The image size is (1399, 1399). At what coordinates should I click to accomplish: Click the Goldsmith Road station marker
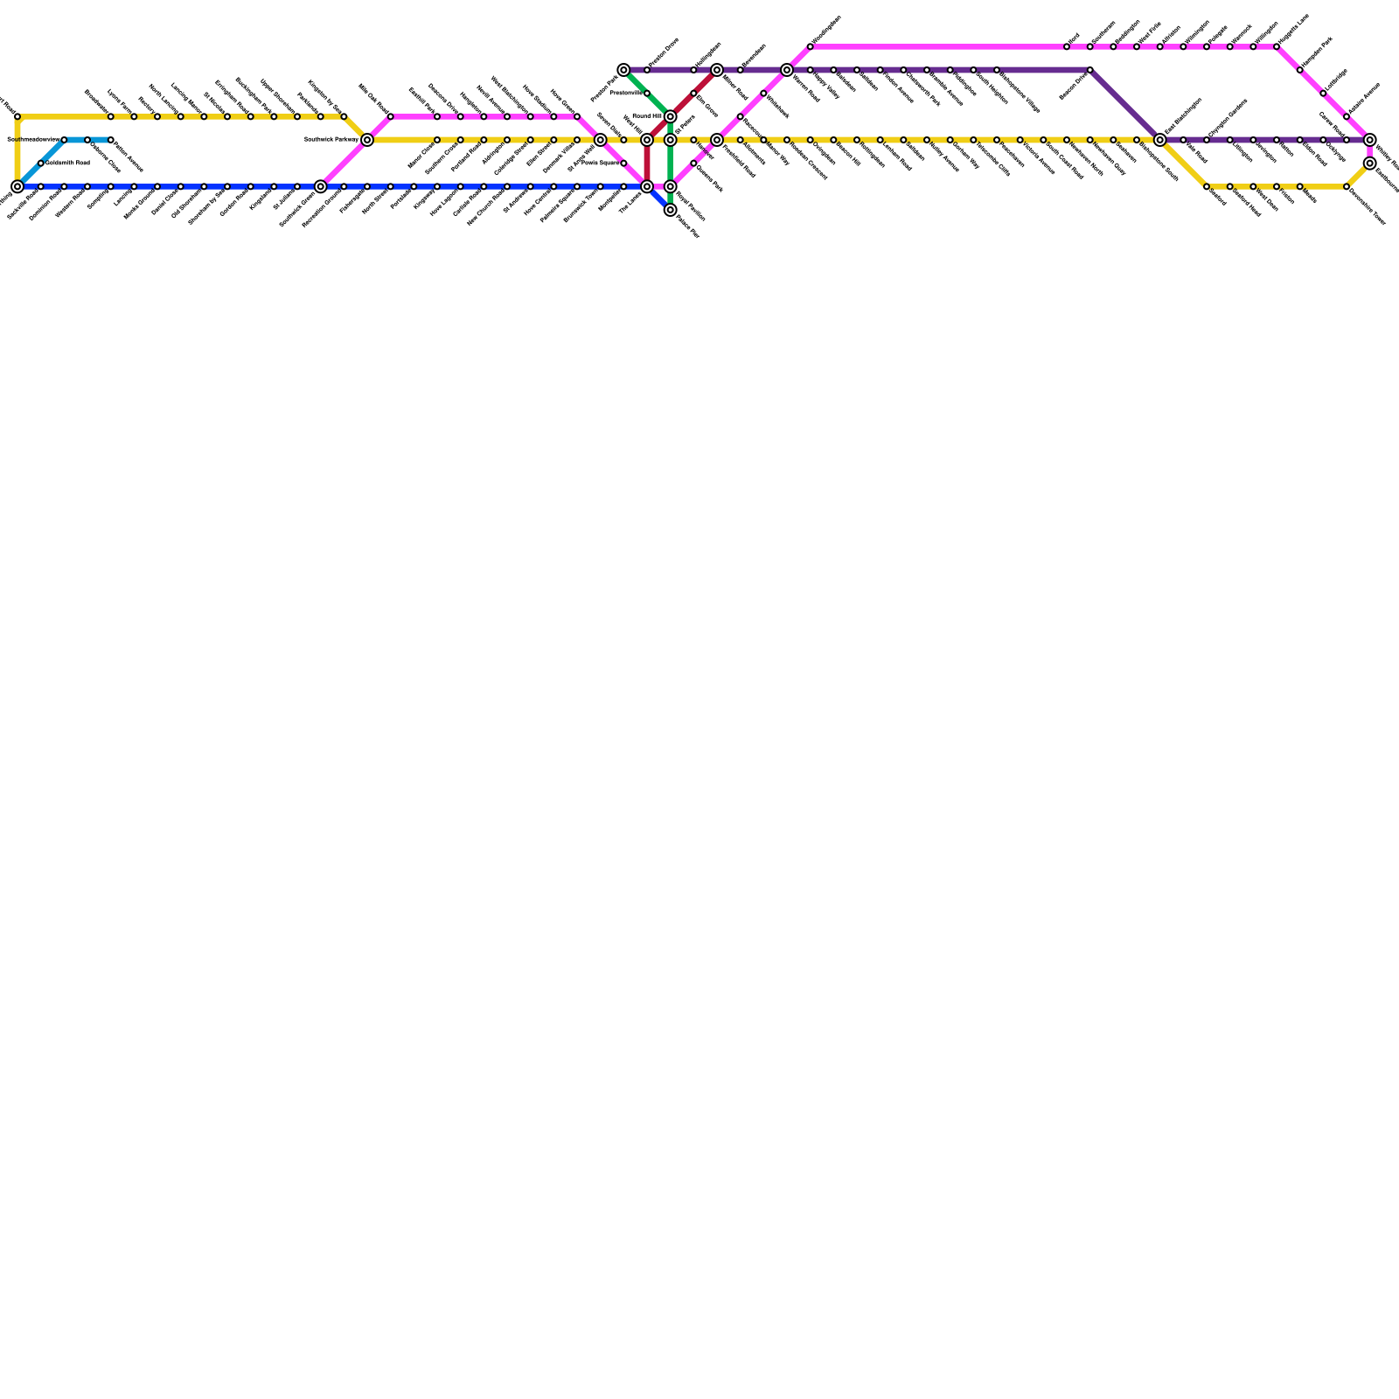[x=41, y=164]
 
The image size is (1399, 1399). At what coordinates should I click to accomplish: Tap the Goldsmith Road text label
[x=68, y=163]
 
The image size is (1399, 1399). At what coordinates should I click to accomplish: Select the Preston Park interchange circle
[x=623, y=70]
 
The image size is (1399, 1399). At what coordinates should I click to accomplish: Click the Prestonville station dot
[x=647, y=94]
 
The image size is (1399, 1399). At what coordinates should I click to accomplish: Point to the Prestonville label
[x=626, y=93]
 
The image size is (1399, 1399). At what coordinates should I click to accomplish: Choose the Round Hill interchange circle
[x=671, y=116]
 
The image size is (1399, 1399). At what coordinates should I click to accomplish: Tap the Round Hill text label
[x=647, y=115]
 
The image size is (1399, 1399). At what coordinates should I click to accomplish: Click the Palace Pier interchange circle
[x=671, y=210]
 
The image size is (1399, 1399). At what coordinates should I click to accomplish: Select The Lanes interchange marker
[x=647, y=186]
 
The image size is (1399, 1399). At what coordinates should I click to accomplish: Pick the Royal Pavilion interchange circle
[x=671, y=186]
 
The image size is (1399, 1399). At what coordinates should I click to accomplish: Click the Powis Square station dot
[x=623, y=164]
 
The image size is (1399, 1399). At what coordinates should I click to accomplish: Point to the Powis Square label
[x=601, y=163]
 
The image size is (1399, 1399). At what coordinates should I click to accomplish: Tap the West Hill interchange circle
[x=647, y=140]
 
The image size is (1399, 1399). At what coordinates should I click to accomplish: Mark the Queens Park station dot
[x=693, y=164]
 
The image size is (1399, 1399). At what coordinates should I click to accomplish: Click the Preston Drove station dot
[x=647, y=70]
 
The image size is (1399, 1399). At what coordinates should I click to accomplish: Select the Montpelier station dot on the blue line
[x=623, y=186]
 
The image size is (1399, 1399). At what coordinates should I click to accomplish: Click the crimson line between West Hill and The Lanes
[x=647, y=164]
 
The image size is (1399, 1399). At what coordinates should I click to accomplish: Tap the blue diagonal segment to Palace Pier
[x=659, y=198]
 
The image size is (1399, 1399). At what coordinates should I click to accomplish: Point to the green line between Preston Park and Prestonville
[x=636, y=82]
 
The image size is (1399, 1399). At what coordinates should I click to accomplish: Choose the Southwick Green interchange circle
[x=321, y=186]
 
